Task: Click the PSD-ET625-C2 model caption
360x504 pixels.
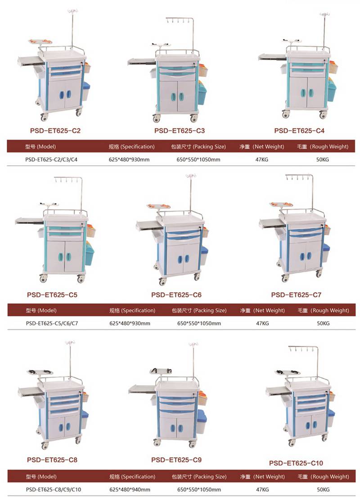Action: click(55, 131)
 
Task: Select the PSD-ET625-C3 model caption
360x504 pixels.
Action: click(179, 131)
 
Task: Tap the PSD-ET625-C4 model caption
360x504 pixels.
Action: click(299, 131)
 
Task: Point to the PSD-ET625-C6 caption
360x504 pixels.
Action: click(176, 295)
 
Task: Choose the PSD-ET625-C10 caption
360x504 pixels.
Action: click(296, 463)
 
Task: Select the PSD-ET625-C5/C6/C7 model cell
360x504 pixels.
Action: click(52, 323)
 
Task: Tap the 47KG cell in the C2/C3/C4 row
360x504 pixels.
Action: click(262, 159)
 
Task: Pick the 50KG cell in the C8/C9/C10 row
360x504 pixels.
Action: click(323, 490)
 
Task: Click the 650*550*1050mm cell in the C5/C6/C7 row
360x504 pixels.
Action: click(199, 323)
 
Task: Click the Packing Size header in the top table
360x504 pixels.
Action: click(198, 146)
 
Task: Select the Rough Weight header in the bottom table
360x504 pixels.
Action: click(323, 477)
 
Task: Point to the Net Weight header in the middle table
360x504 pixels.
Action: click(262, 310)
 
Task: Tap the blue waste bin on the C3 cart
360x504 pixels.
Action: click(202, 93)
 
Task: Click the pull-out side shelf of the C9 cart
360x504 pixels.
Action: click(142, 390)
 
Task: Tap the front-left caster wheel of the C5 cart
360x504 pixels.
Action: click(43, 279)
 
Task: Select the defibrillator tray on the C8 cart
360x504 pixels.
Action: click(40, 372)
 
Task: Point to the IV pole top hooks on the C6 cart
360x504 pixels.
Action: click(191, 176)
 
